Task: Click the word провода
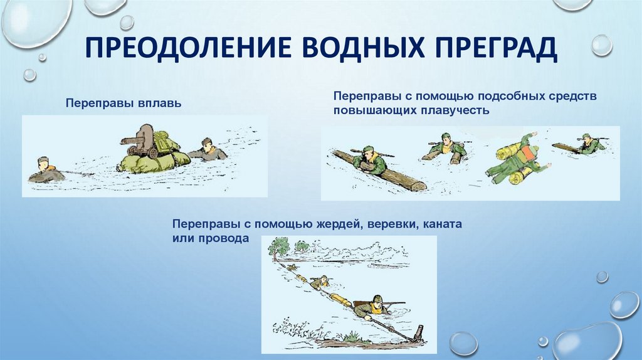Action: [225, 238]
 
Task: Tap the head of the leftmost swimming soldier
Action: [43, 164]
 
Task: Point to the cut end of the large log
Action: [417, 186]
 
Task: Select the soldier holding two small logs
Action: [446, 148]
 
